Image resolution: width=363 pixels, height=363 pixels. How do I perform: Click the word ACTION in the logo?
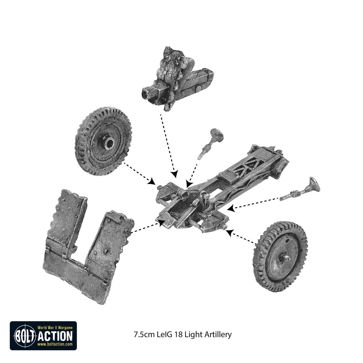coord(55,336)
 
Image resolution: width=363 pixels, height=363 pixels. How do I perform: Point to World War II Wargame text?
coord(55,328)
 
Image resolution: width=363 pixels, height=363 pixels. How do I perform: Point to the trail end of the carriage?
coord(280,164)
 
